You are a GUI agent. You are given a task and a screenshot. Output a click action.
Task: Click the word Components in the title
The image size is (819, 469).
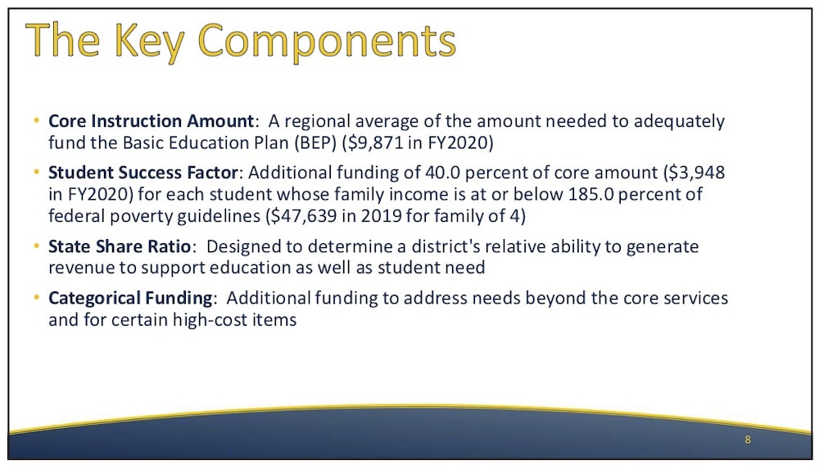click(327, 42)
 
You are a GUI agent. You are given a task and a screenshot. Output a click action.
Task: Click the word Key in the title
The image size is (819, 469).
click(149, 42)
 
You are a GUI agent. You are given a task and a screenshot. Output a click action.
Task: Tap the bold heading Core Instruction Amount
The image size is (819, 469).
click(151, 121)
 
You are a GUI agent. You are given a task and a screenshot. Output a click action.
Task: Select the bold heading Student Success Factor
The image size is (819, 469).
click(143, 173)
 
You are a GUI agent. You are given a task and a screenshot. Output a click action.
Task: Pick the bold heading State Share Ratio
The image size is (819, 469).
click(120, 246)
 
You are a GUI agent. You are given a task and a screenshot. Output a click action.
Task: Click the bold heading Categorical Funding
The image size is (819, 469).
click(130, 298)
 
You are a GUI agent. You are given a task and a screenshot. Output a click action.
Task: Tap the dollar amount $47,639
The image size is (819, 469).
click(301, 216)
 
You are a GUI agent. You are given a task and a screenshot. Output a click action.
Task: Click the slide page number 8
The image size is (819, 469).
click(748, 440)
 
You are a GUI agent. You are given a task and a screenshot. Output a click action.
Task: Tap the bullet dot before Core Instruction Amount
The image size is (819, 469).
click(36, 121)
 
